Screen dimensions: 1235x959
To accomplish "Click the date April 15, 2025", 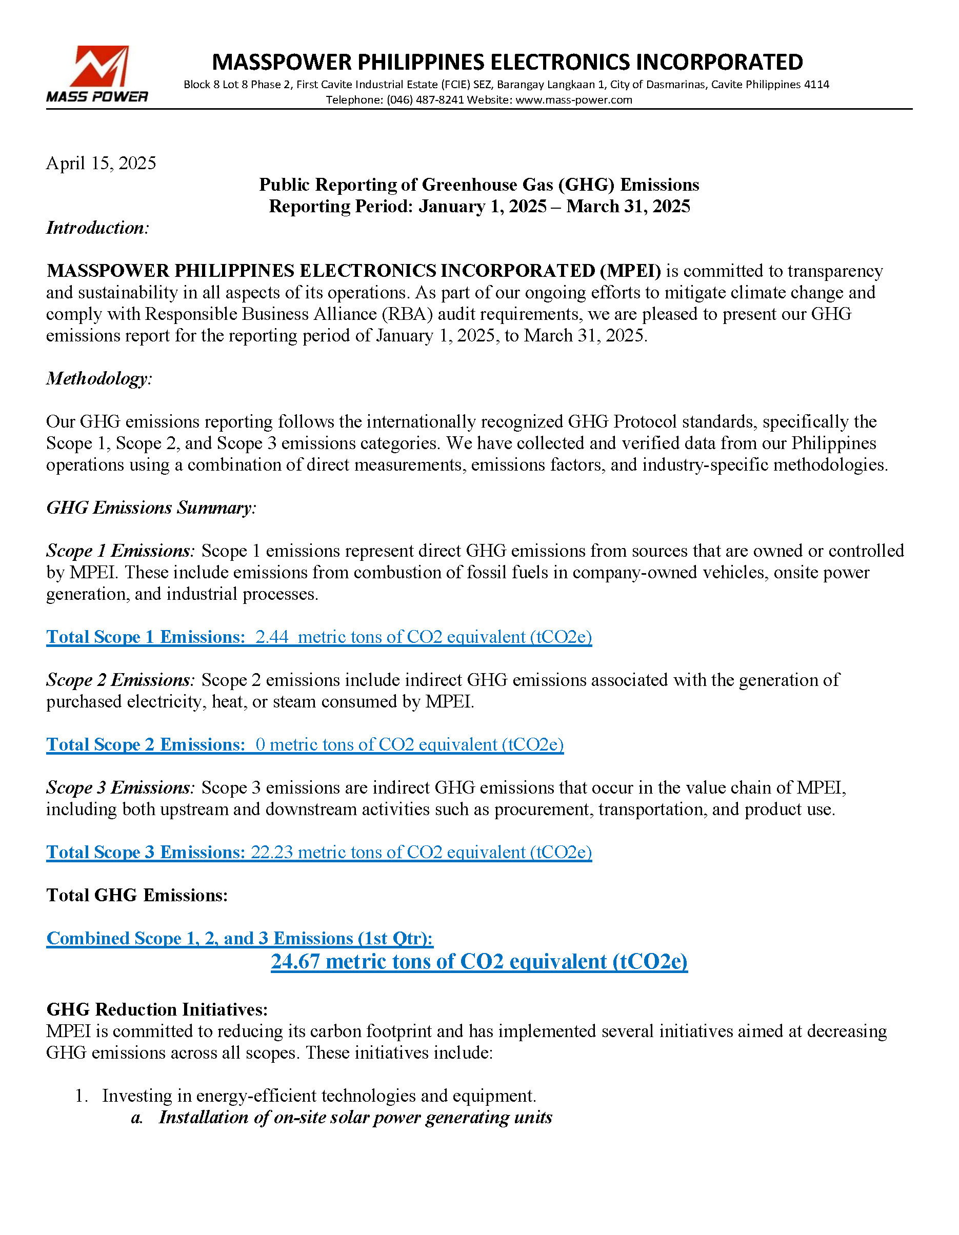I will coord(101,164).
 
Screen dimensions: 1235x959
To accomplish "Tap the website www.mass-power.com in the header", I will coord(573,100).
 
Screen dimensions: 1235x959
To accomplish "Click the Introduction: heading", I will coord(97,228).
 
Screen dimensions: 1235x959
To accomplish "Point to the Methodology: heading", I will coord(99,378).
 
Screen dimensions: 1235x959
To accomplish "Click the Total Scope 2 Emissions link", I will coord(146,745).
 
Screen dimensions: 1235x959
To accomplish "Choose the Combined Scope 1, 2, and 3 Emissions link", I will coord(239,938).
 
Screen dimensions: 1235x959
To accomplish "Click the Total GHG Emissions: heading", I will coord(137,895).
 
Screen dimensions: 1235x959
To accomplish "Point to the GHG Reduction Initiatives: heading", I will coord(157,1009).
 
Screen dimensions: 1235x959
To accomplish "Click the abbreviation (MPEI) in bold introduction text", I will coord(630,271).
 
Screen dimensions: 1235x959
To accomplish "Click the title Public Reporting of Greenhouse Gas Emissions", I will coord(478,185).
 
